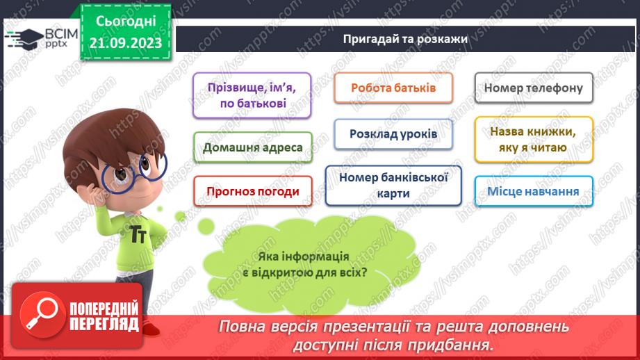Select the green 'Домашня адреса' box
click(253, 147)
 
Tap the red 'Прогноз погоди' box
click(253, 191)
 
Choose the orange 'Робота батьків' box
click(393, 88)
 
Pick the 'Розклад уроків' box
click(393, 133)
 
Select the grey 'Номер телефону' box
click(534, 88)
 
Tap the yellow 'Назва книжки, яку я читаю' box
click(534, 139)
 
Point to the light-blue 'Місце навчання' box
click(534, 191)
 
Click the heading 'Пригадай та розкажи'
click(405, 39)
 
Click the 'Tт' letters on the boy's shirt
click(138, 234)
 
